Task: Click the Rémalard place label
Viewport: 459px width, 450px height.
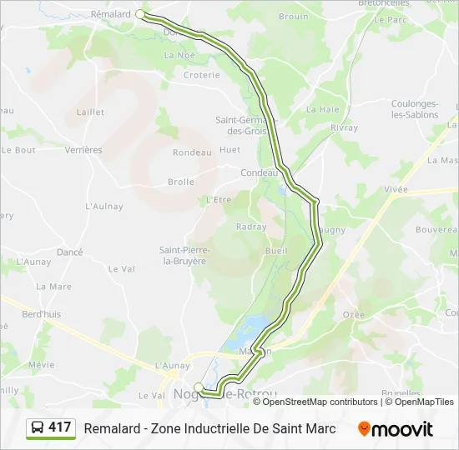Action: [111, 14]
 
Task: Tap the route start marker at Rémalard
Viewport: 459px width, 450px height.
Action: [140, 14]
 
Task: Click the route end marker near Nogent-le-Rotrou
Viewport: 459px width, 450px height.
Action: [199, 386]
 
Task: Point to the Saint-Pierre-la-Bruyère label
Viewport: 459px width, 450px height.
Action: [184, 255]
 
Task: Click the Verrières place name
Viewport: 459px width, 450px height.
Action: [83, 150]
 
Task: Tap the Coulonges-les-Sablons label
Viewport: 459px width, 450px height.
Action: [415, 109]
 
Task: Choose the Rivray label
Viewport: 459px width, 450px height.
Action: [344, 128]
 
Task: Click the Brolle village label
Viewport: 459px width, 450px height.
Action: [180, 182]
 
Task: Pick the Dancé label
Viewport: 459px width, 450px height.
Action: [69, 252]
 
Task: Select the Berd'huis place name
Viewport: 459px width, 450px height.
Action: [41, 314]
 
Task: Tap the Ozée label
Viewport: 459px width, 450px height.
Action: [354, 314]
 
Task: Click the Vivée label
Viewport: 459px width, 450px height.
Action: [396, 190]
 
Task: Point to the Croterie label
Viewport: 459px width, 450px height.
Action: [201, 75]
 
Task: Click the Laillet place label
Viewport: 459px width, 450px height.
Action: [90, 112]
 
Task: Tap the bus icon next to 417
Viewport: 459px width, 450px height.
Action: [38, 427]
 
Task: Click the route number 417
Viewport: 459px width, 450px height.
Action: [60, 427]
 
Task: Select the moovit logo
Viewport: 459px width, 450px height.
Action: [396, 429]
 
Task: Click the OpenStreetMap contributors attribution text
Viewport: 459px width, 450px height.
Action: [320, 402]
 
